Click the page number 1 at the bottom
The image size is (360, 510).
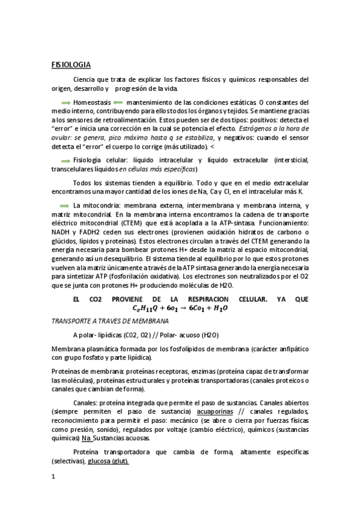[x=53, y=477]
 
